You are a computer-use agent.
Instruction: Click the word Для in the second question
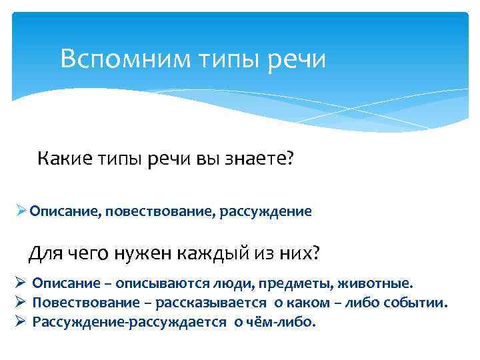[x=46, y=254]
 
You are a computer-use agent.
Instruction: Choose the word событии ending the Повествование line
[x=419, y=303]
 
